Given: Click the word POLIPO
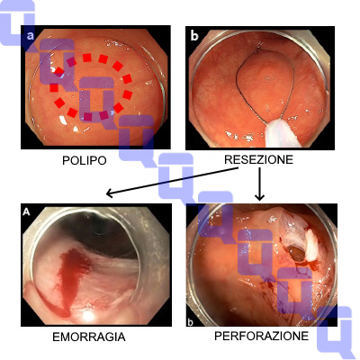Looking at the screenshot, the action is click(85, 160).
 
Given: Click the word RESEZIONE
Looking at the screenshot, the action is click(258, 159).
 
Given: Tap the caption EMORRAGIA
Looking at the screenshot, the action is click(89, 337).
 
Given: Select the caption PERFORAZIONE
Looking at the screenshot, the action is click(261, 336).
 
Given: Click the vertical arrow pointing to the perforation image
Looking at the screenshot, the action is click(259, 184).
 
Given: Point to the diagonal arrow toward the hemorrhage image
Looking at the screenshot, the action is click(173, 182).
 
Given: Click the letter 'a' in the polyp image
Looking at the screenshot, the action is click(30, 36).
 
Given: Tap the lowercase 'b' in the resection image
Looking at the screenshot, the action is click(194, 36).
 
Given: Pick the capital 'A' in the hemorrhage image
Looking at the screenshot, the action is click(26, 211).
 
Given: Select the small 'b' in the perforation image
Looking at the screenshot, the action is click(190, 322).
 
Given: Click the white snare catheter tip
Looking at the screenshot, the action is click(282, 132).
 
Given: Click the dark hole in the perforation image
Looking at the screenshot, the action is click(297, 254).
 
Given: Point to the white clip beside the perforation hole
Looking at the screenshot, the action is click(312, 245).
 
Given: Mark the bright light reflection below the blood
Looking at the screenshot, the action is click(88, 315).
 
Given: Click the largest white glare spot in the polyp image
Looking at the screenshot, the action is click(63, 120).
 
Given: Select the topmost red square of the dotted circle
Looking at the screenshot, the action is click(87, 58).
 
